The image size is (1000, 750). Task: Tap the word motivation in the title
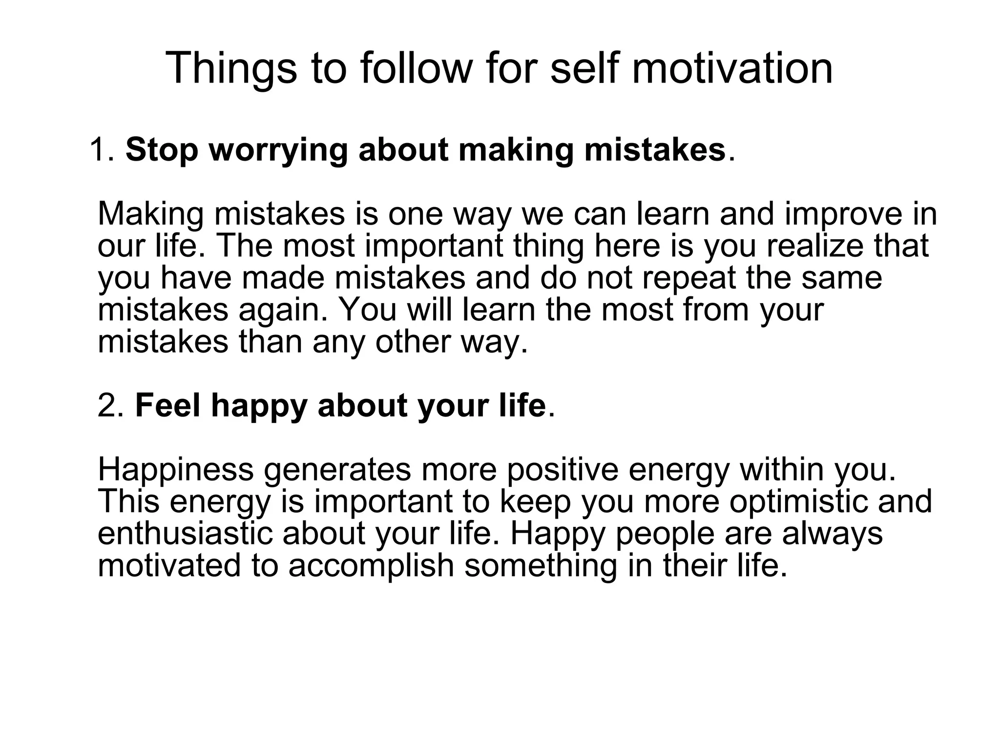point(732,68)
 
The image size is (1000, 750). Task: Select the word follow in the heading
point(416,68)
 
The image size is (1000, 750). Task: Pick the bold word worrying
point(278,150)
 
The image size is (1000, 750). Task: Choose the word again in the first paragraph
point(283,311)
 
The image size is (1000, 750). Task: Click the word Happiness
point(176,470)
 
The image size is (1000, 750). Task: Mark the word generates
point(337,471)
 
